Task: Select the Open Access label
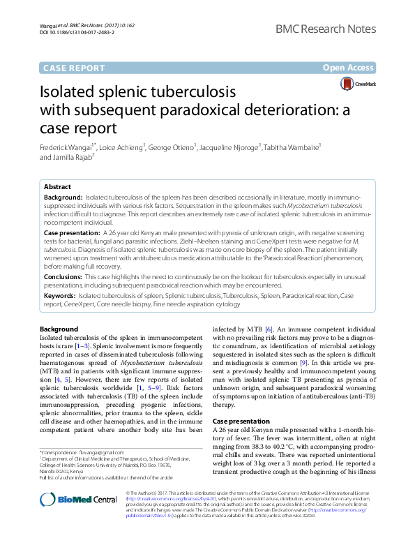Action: coord(349,68)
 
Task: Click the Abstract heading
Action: coord(57,187)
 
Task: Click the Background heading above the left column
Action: coord(59,329)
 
